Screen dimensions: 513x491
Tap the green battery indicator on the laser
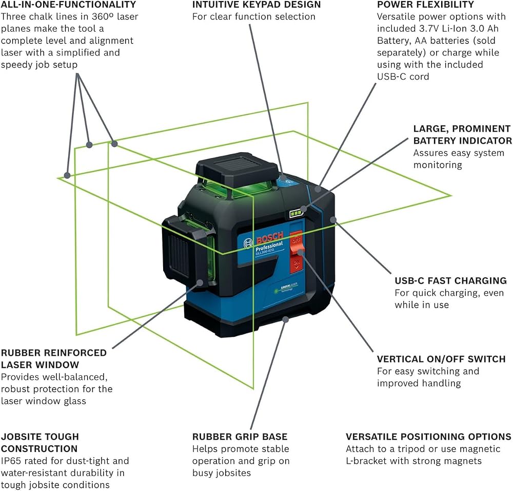coord(296,213)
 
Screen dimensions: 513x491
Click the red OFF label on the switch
coord(297,240)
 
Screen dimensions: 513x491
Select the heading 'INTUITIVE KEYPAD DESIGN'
coord(256,5)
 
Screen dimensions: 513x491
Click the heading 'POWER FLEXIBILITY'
coord(425,5)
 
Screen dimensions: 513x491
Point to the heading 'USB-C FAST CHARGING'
coord(450,280)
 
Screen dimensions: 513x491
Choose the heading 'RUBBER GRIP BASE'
coord(240,436)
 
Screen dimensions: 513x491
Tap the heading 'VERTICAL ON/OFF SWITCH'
coord(441,359)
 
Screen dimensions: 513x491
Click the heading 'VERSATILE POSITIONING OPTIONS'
coord(428,436)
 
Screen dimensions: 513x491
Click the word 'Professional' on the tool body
coord(269,246)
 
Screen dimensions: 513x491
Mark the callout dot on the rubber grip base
coord(286,319)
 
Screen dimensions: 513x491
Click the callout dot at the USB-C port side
coord(333,219)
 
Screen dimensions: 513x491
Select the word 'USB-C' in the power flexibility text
coord(391,76)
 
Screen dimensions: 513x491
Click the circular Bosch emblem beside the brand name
coord(249,243)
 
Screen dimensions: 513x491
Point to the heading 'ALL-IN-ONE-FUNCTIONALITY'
coord(68,5)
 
